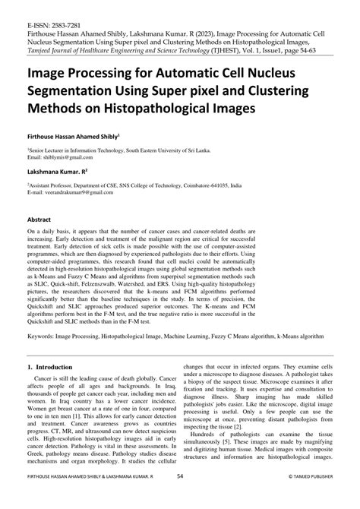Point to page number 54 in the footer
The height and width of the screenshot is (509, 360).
180,498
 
